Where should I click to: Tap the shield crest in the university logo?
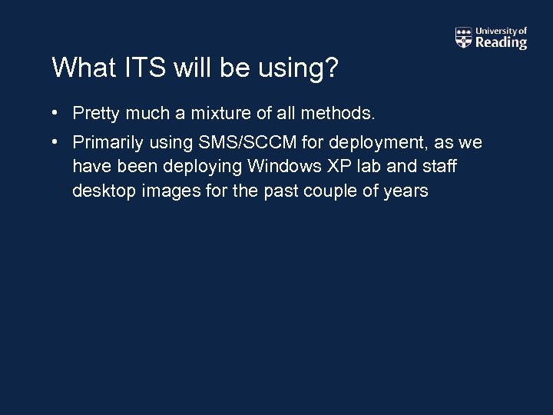463,38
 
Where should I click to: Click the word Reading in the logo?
501,43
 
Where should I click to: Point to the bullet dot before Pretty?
56,114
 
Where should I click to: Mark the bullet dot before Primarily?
56,142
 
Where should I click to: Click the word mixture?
222,114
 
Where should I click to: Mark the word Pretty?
95,115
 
